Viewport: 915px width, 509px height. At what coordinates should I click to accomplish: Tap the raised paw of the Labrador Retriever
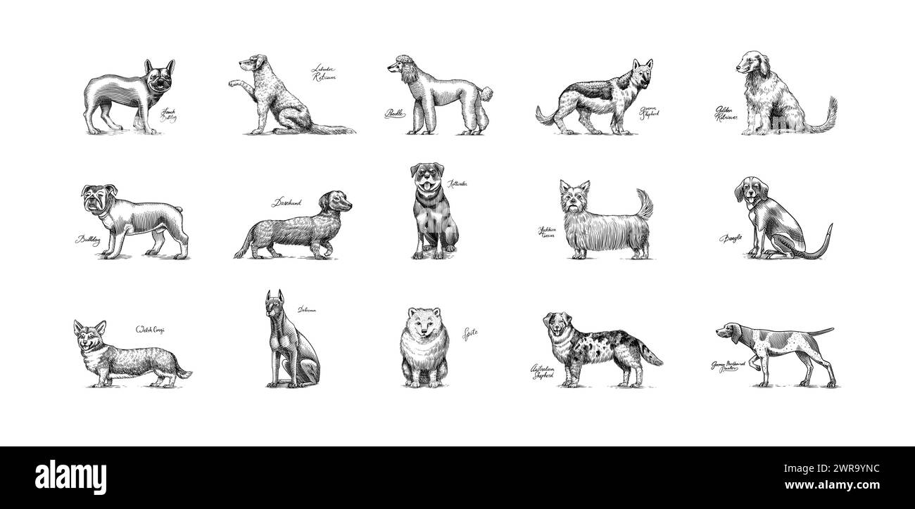tap(233, 83)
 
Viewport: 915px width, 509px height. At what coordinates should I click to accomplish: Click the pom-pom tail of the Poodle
tap(485, 93)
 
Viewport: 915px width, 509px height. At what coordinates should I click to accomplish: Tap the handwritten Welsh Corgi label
tap(151, 329)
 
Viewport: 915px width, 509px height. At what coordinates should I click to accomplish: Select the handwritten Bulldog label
tap(87, 240)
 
